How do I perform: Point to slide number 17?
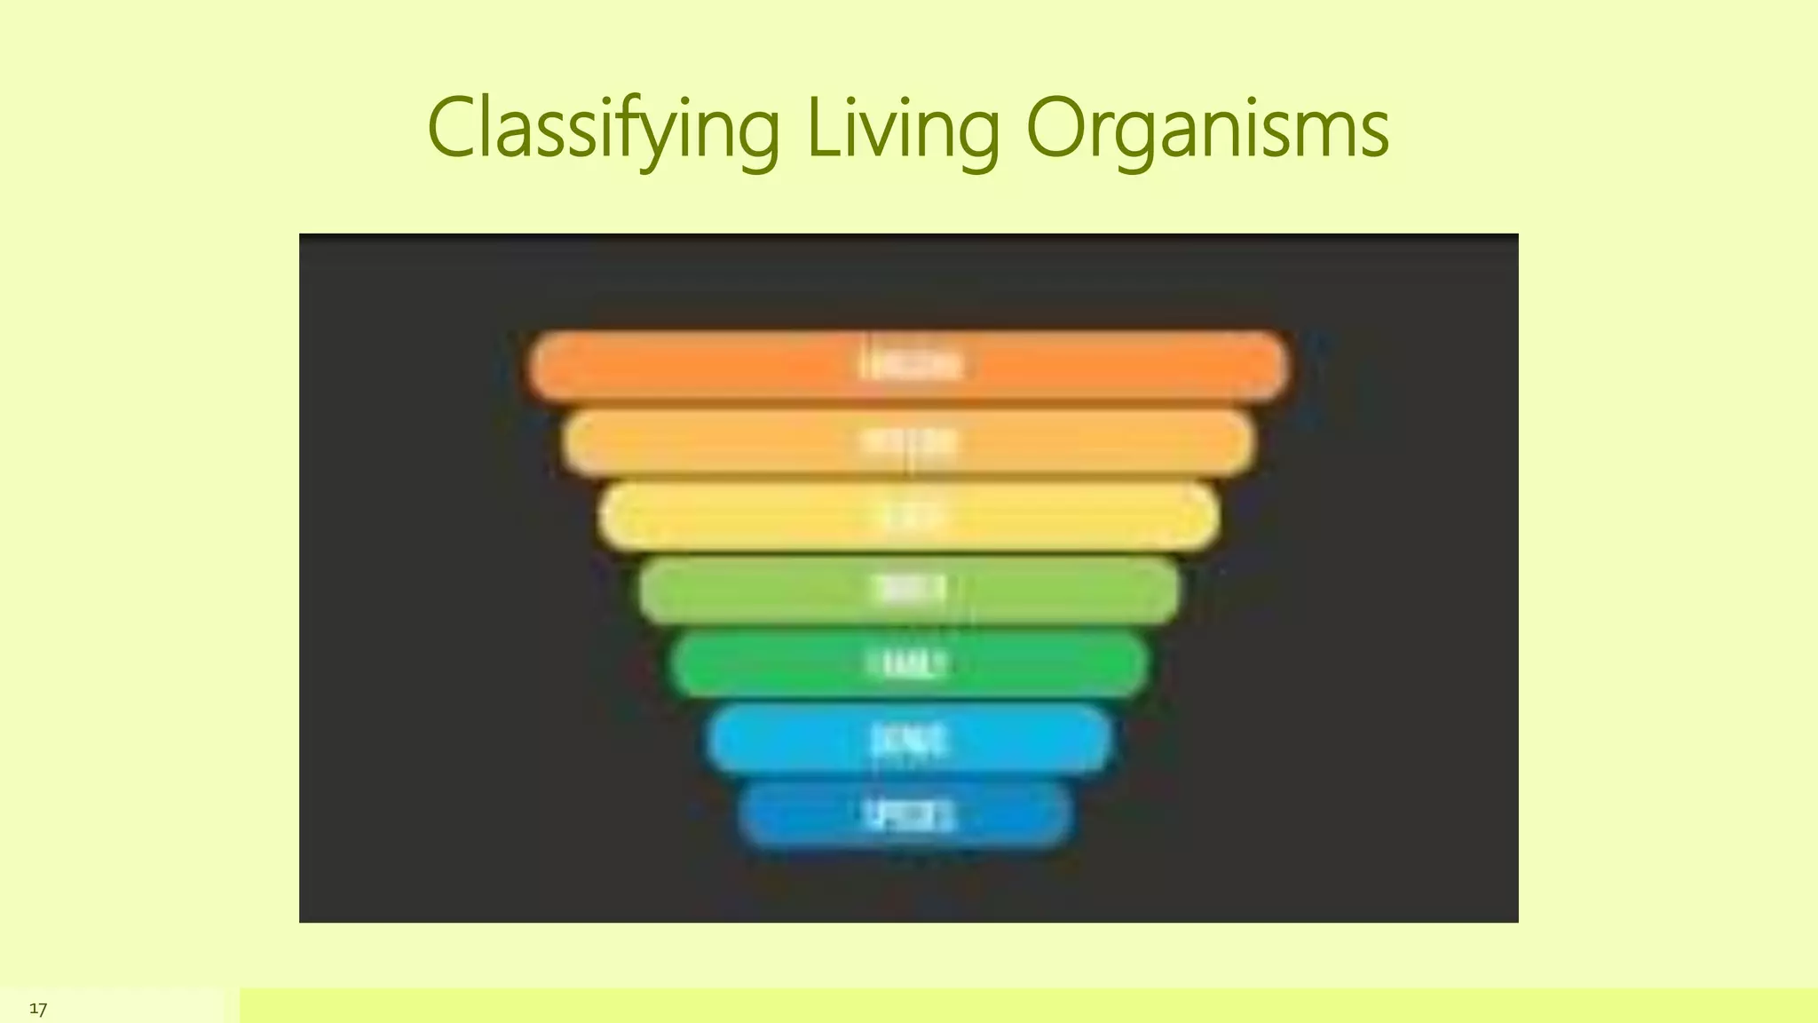(38, 1009)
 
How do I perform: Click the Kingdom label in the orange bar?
(910, 365)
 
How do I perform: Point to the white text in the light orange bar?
(910, 441)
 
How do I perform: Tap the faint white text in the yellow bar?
(910, 516)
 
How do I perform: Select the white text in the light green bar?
(910, 590)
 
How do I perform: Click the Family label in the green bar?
(907, 663)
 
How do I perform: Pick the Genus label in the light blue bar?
(908, 739)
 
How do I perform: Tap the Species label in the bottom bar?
(908, 814)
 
